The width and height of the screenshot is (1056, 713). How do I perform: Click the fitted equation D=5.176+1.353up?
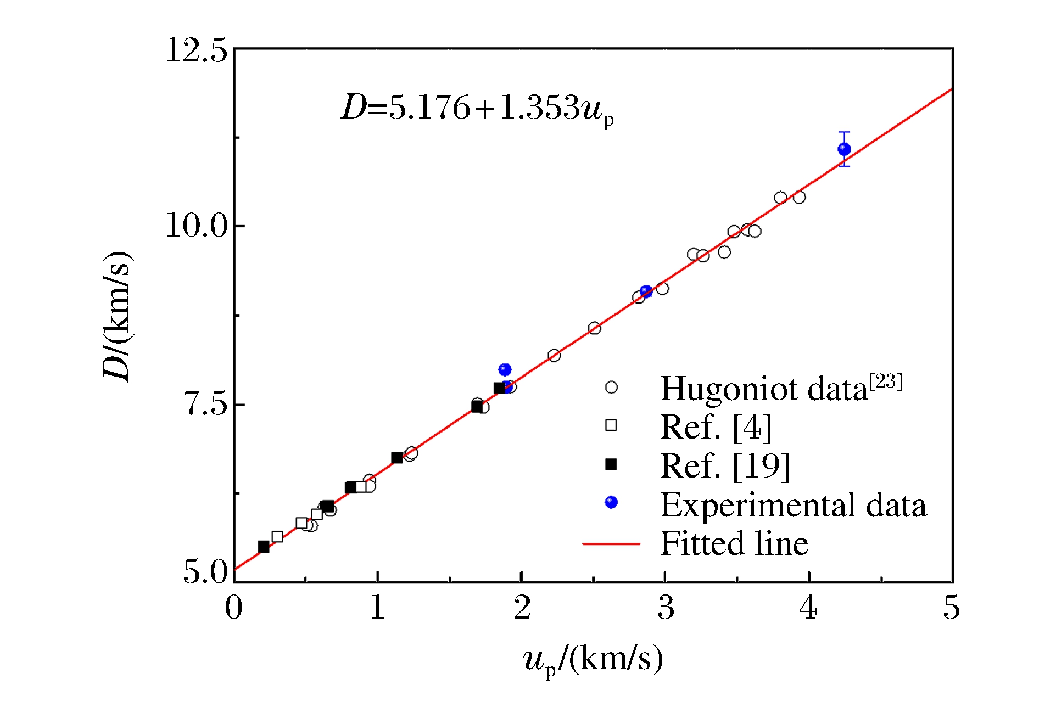click(x=477, y=108)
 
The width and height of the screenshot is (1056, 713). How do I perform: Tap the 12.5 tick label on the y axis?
click(x=197, y=51)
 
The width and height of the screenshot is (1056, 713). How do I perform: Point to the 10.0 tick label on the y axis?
click(x=197, y=226)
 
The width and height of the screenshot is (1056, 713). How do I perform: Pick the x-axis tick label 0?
click(x=234, y=608)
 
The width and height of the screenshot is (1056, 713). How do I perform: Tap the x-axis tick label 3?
click(x=666, y=608)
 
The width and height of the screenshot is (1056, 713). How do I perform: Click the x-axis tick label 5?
click(x=952, y=608)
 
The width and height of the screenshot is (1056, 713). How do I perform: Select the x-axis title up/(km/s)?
click(x=593, y=659)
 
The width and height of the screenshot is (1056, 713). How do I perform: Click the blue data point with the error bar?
click(x=844, y=149)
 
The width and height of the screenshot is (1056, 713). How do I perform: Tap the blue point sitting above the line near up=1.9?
click(x=505, y=370)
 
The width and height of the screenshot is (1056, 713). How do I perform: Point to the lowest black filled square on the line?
click(x=264, y=547)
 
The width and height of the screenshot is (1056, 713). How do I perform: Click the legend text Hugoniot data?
click(x=763, y=389)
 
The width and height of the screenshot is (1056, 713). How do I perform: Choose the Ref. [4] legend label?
click(x=716, y=427)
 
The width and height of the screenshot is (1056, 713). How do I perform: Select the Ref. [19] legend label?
click(x=725, y=466)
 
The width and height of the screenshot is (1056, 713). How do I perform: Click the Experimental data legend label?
click(x=794, y=505)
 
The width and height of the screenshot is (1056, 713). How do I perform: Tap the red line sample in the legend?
click(x=611, y=544)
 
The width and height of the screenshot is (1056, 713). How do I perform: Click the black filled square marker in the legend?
click(x=611, y=465)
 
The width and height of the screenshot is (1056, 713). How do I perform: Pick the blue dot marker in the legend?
click(x=611, y=502)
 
